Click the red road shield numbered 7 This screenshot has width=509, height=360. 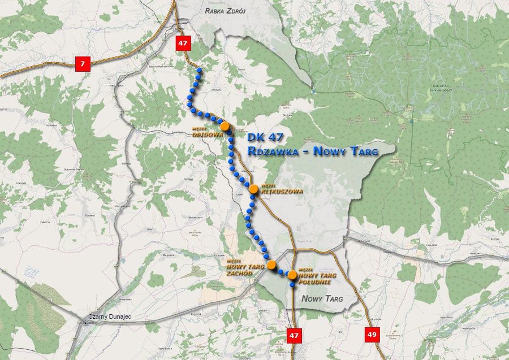coord(83,64)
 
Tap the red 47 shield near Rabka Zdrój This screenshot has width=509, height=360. coord(182,44)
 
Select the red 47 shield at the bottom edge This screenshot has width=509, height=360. coord(293,335)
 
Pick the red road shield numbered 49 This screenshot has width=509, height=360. coord(372,335)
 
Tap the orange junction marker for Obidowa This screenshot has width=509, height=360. coord(225,126)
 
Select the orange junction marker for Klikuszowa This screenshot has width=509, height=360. coord(253,189)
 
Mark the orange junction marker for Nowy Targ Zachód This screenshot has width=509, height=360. coord(271,264)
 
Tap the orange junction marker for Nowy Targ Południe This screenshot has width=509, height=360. coord(292,275)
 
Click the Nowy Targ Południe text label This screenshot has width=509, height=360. coord(317,276)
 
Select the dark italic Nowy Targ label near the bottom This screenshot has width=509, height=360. coord(322,298)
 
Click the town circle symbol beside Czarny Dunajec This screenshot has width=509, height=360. coord(86,322)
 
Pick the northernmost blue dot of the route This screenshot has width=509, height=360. coord(199,70)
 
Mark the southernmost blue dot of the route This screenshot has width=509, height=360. coord(292,285)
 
